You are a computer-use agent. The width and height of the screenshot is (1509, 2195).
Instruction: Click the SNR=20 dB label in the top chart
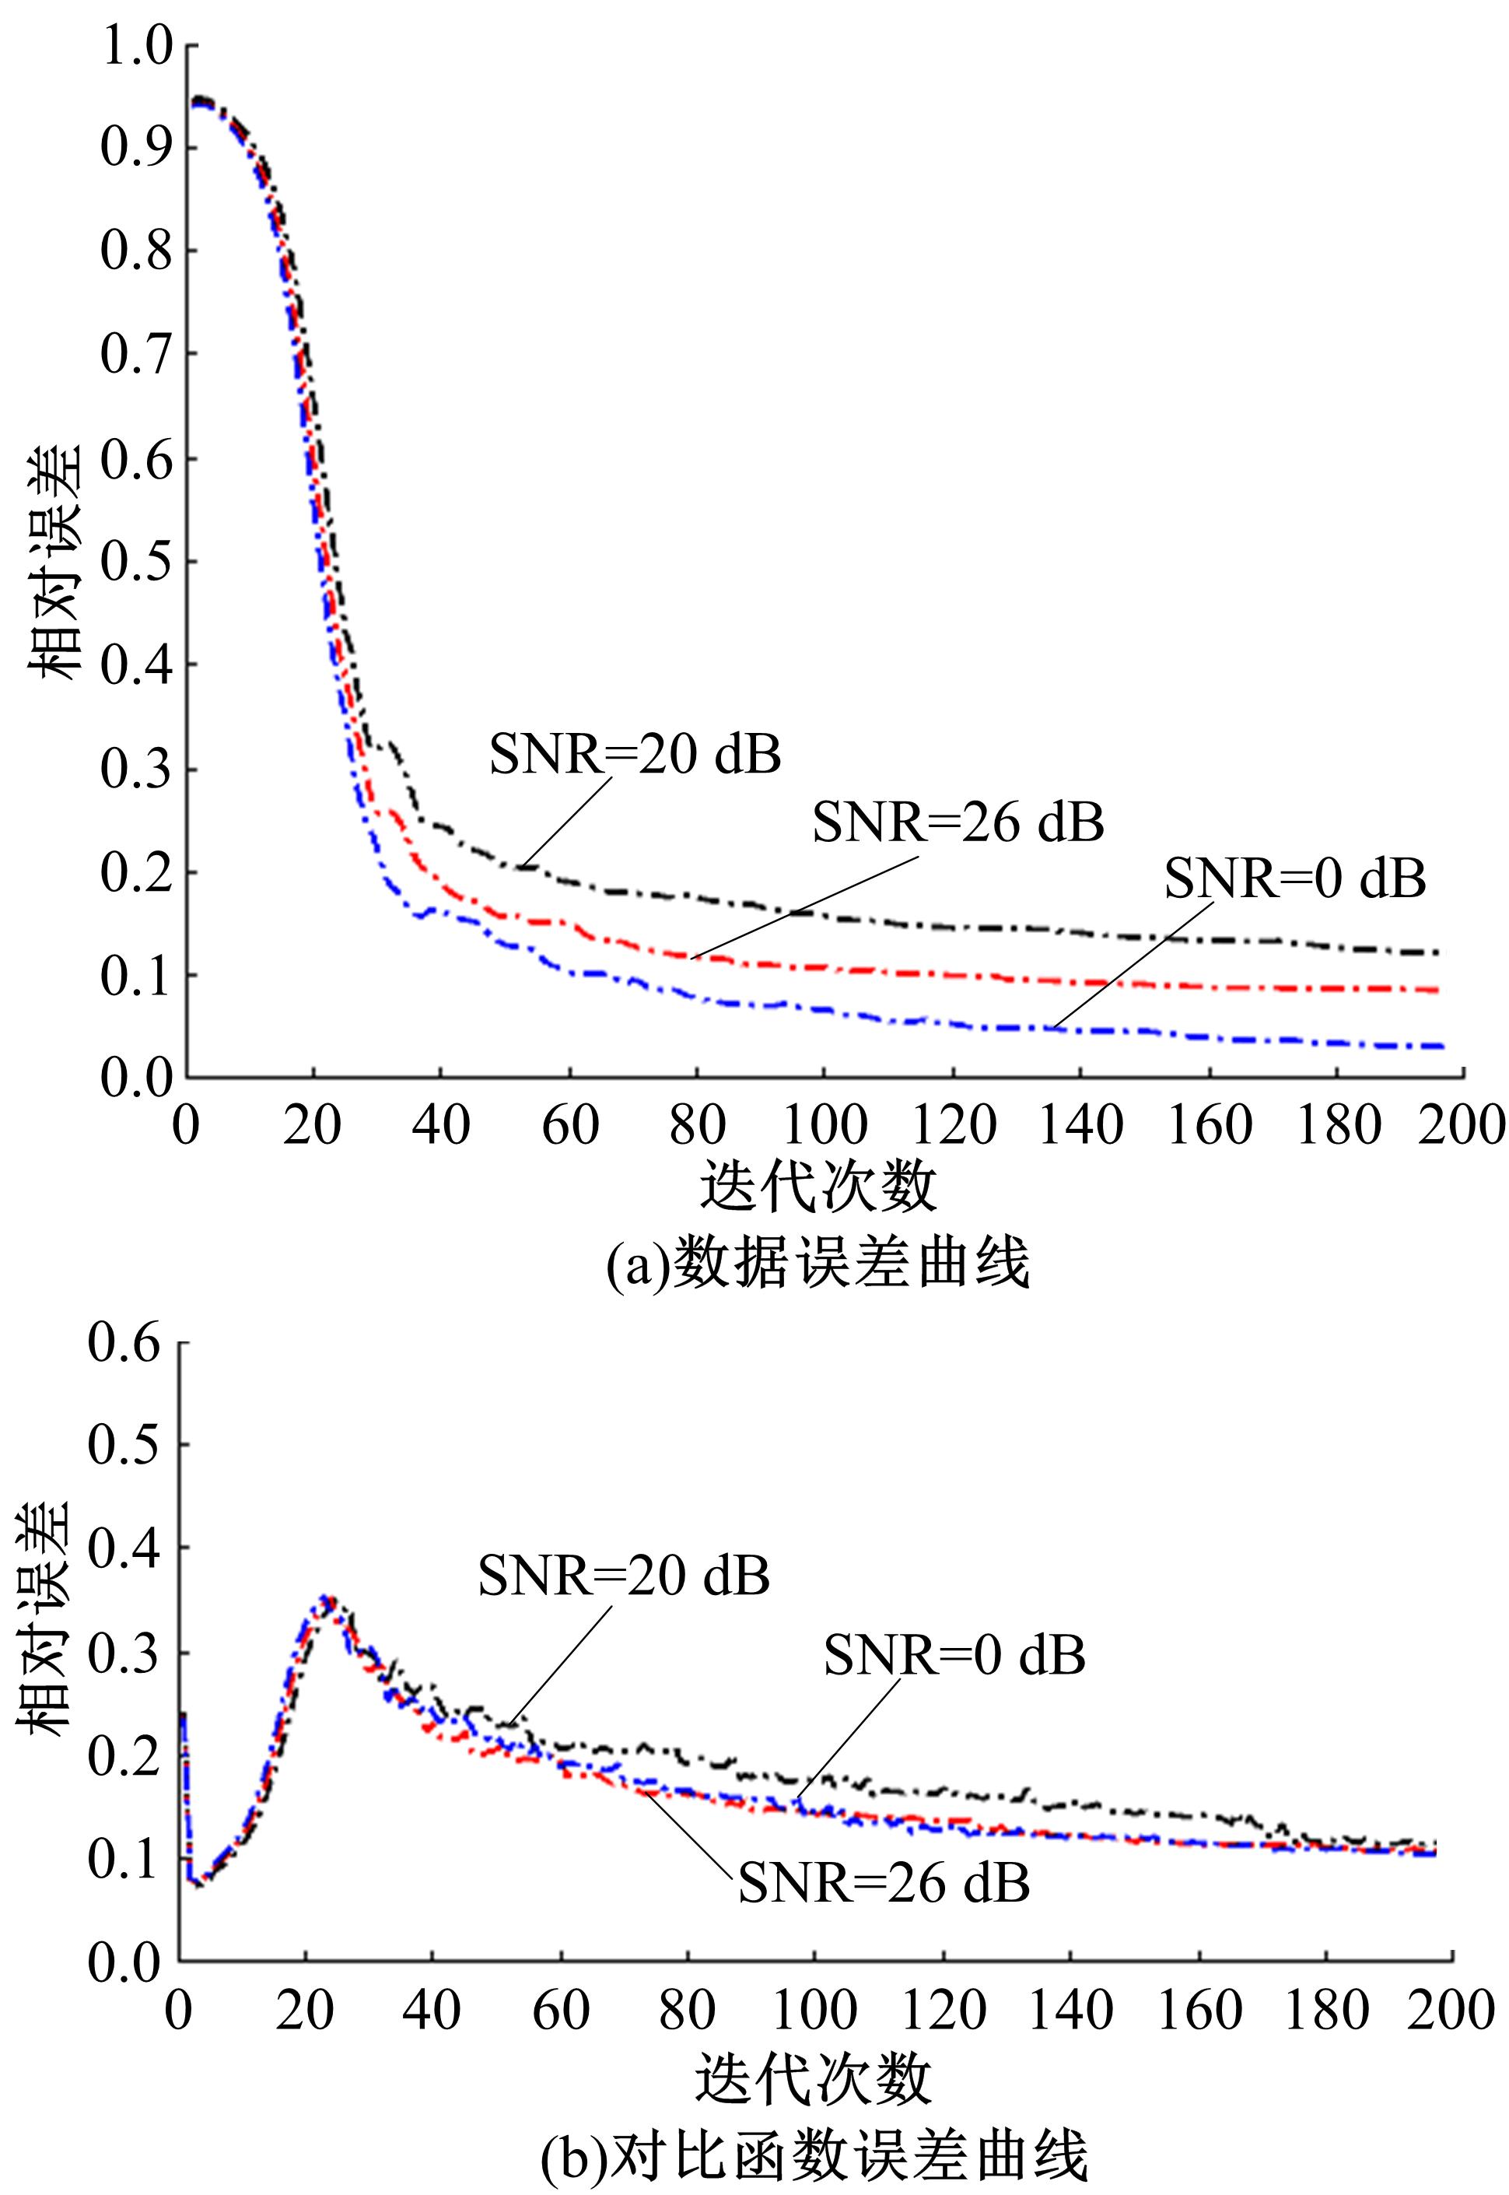[635, 756]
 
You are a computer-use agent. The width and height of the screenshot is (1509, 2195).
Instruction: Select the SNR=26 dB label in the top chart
[958, 822]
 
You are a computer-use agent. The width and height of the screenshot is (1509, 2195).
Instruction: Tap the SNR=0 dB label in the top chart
[1294, 878]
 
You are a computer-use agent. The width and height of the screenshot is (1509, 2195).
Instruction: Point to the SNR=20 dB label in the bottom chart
[623, 1576]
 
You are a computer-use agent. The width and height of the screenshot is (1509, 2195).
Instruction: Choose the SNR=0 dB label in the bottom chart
[954, 1655]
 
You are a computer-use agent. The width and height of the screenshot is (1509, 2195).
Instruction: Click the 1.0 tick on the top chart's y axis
[137, 47]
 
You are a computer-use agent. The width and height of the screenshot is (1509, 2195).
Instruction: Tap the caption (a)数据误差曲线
[818, 1264]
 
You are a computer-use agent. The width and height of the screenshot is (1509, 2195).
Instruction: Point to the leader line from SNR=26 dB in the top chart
[804, 908]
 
